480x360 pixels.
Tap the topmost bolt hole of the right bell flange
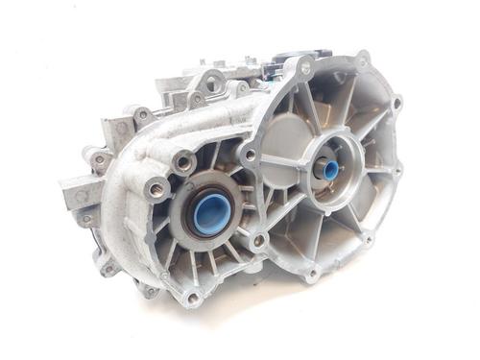[362, 61]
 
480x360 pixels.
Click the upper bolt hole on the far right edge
[396, 101]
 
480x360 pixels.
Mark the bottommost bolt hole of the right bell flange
[309, 275]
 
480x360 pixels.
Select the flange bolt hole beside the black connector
[305, 68]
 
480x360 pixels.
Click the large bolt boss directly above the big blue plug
[182, 162]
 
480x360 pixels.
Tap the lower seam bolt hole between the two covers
[257, 239]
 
